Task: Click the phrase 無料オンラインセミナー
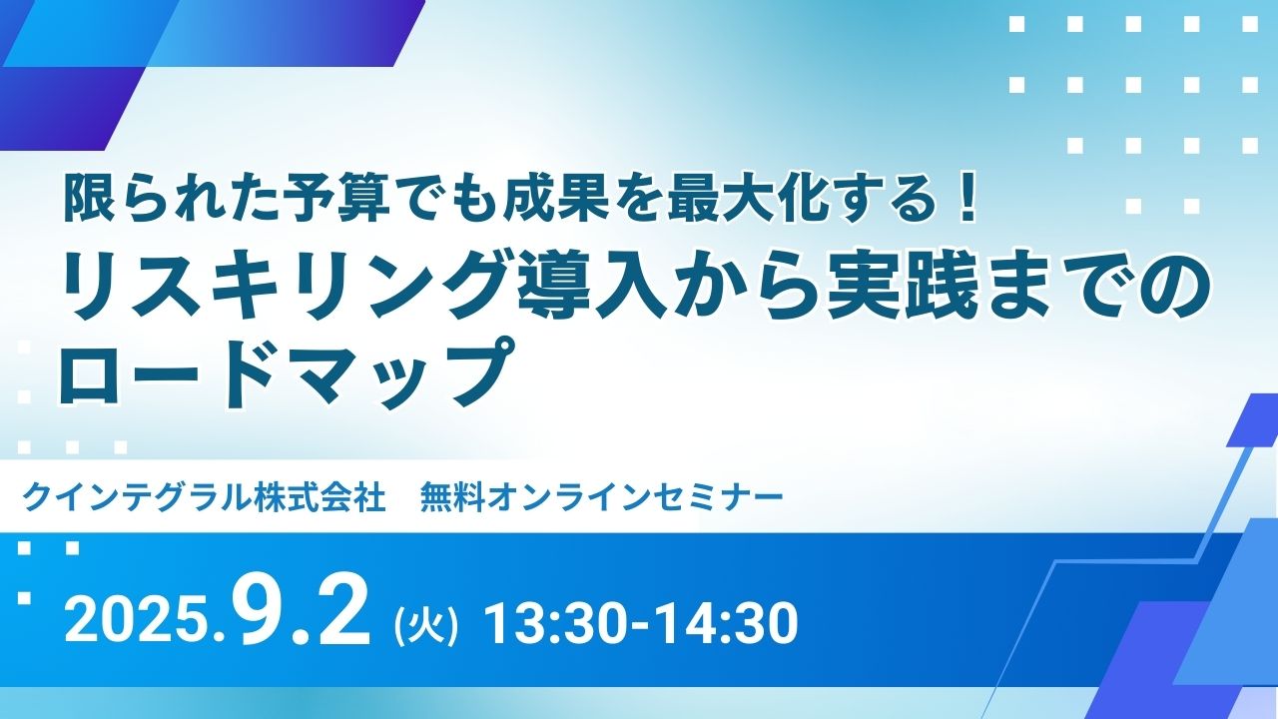(x=601, y=497)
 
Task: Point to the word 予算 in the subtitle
(x=324, y=202)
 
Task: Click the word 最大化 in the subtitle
(x=745, y=202)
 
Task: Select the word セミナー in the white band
(x=714, y=497)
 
